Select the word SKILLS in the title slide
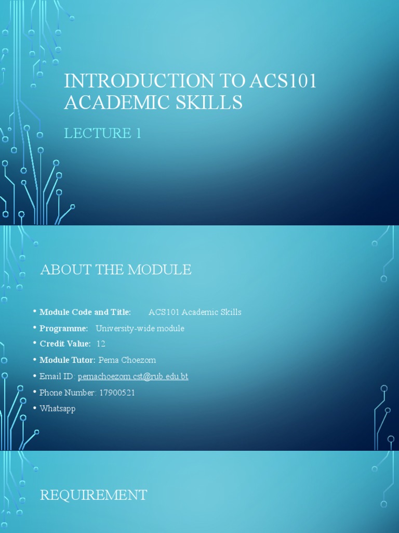pos(211,103)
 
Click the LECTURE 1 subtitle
pos(102,133)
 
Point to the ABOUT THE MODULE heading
pos(116,270)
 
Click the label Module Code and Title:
pos(85,312)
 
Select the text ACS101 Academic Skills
pos(195,312)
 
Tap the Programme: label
pos(64,328)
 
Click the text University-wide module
pos(140,328)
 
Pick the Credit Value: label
pos(65,344)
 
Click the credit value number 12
pos(101,344)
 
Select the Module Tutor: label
pos(68,360)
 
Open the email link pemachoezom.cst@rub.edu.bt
pos(133,376)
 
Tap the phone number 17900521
pos(116,392)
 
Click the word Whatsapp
pos(58,409)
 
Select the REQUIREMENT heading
pos(94,495)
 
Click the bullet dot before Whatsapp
pos(35,408)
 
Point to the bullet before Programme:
pos(35,328)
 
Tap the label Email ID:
pos(57,376)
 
